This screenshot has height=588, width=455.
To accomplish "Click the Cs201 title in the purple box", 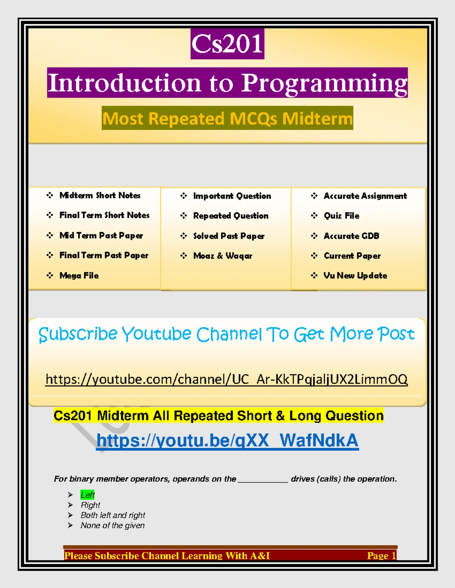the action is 227,44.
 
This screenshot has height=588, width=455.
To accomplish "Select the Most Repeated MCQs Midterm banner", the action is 227,119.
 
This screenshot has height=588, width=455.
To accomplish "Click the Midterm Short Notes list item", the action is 100,195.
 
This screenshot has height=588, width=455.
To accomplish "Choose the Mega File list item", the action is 79,276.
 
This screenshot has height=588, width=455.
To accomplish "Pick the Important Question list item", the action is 232,196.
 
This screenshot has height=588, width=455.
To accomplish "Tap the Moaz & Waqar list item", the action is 223,256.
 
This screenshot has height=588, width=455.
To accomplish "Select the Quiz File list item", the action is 342,216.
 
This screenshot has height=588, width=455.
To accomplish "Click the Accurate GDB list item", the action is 351,236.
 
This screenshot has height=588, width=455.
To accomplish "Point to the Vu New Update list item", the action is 355,276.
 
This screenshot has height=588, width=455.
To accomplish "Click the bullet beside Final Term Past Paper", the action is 50,255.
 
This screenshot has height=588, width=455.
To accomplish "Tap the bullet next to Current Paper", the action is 314,256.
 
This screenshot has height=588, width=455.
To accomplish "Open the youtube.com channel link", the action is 226,380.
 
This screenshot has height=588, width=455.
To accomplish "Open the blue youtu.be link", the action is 227,440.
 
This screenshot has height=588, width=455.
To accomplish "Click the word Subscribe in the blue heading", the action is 78,334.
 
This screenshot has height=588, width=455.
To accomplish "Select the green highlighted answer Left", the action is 87,495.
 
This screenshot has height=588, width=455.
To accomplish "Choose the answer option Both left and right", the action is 113,515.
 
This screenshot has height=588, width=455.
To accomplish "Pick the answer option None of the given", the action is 113,526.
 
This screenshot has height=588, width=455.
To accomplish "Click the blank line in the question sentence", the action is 263,482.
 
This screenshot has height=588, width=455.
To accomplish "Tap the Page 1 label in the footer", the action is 381,556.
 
